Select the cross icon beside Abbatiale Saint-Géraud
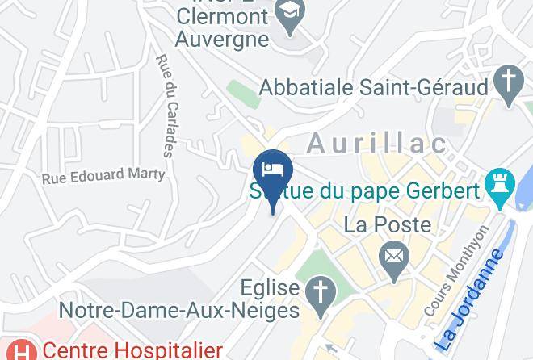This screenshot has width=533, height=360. (509, 86)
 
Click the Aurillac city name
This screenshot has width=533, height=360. (376, 144)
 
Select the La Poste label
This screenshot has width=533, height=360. (388, 225)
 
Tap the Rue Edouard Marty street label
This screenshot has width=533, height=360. (103, 174)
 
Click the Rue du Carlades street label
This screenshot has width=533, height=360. (169, 106)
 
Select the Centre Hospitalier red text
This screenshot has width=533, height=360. (132, 350)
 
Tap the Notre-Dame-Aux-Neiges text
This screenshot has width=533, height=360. (180, 308)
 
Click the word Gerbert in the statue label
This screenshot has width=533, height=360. (437, 192)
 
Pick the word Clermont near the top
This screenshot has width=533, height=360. (221, 15)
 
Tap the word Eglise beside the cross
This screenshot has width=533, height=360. (271, 287)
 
